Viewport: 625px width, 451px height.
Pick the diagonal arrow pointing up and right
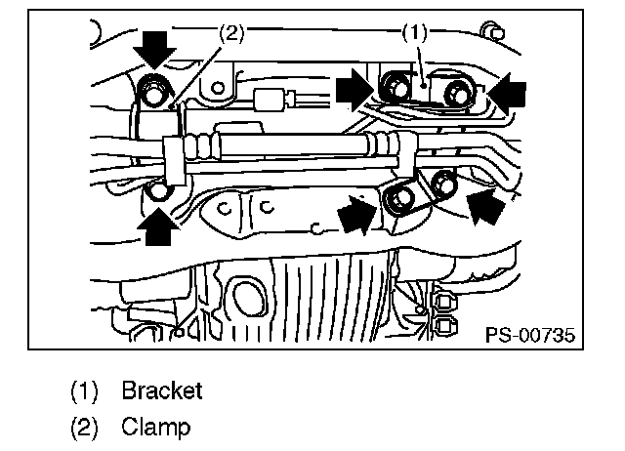pos(358,214)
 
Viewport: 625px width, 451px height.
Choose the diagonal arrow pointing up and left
pos(489,204)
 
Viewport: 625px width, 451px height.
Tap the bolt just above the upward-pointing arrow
pos(159,189)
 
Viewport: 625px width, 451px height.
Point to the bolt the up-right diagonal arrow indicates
pos(398,200)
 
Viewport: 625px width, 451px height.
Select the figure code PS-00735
pos(529,336)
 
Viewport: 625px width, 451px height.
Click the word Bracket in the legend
pos(161,391)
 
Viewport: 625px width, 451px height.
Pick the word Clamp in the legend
pos(156,427)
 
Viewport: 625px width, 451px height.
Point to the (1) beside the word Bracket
pos(85,391)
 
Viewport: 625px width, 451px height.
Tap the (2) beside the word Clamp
pos(85,427)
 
